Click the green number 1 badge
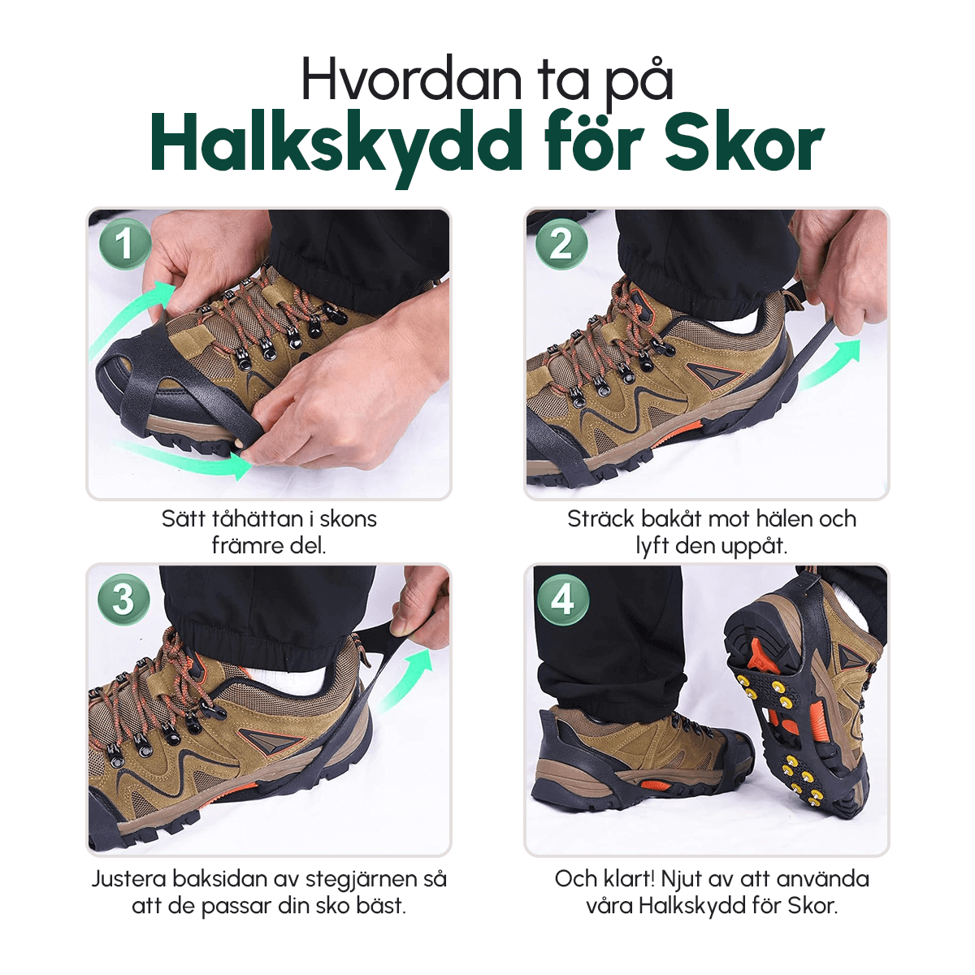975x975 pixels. point(125,244)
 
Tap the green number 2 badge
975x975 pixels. point(561,244)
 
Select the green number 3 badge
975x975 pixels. point(124,600)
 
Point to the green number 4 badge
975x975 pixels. point(562,600)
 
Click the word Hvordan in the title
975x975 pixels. point(411,80)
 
